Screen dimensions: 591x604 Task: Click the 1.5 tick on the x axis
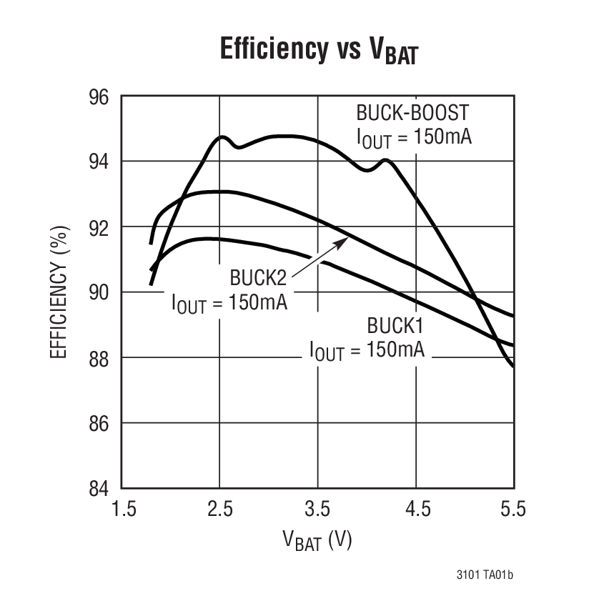pos(123,510)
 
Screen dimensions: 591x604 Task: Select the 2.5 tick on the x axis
pos(220,510)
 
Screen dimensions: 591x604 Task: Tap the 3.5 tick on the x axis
pos(317,510)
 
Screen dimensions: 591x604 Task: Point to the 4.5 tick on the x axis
pos(415,510)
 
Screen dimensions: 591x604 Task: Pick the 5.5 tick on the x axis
pos(512,510)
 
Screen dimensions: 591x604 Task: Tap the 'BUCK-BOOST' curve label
pos(412,114)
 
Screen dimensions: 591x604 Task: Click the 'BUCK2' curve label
pos(258,277)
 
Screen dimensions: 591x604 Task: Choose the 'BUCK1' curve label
pos(395,326)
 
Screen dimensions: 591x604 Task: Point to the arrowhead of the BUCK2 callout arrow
pos(346,240)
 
